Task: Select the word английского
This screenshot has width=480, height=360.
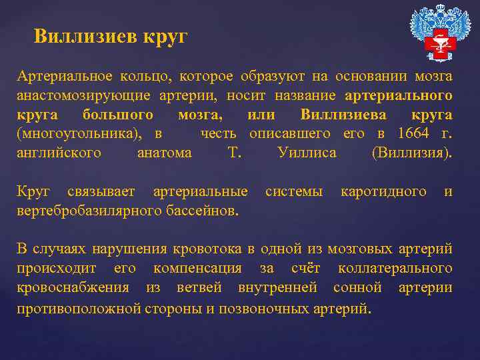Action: (59, 153)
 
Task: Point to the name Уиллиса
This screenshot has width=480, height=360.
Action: (307, 153)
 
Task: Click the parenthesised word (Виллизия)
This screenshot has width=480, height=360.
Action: (412, 153)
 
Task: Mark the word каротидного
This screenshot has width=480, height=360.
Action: (383, 192)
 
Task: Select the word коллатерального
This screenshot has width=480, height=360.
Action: (395, 269)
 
